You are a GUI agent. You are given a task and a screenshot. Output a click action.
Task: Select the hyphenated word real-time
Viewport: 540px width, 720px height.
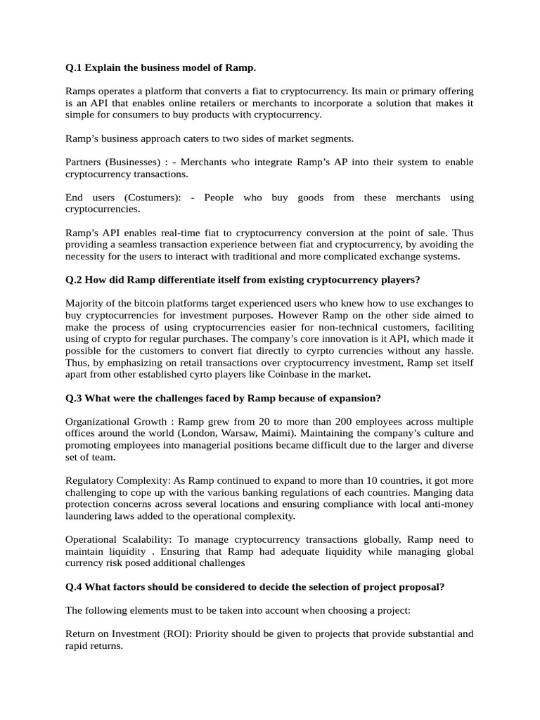tap(172, 233)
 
